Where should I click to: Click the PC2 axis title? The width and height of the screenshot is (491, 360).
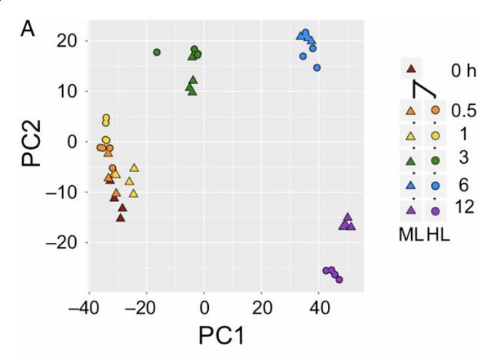click(31, 141)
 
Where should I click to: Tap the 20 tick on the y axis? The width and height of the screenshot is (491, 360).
click(71, 41)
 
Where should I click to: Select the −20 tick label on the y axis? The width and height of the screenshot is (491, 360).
click(65, 242)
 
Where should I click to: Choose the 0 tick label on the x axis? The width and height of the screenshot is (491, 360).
click(204, 306)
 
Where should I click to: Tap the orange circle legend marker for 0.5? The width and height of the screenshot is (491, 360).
click(435, 110)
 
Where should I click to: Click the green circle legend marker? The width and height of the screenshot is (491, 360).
click(435, 160)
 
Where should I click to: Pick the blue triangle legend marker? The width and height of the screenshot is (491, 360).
click(411, 185)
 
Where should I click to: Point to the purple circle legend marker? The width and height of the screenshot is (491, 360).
click(435, 209)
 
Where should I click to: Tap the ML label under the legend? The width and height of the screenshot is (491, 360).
click(411, 235)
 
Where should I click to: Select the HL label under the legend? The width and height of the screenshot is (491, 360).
click(437, 235)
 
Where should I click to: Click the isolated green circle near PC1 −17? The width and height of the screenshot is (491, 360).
click(156, 52)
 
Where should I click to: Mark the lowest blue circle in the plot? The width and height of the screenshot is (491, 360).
click(317, 67)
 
